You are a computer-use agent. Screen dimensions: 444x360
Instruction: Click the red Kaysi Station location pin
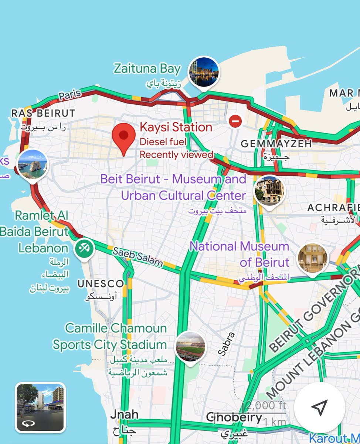pos(123,137)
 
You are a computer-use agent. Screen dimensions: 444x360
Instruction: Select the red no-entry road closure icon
pos(235,121)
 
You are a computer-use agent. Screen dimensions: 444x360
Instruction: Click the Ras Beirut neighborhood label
pos(43,113)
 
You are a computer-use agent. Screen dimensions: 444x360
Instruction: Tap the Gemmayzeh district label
pos(276,144)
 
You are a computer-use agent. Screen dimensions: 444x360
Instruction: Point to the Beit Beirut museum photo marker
pos(269,190)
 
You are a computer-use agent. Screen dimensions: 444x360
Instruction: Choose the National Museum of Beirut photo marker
pos(313,258)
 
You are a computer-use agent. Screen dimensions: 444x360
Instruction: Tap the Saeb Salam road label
pos(138,257)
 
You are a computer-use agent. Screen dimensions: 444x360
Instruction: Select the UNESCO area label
pos(101,284)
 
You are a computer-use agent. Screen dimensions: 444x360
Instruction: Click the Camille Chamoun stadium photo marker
pos(190,346)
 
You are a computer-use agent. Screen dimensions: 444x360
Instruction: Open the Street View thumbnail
pos(40,407)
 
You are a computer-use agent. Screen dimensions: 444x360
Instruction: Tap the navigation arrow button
pos(320,407)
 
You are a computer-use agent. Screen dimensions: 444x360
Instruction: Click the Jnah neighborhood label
pos(124,415)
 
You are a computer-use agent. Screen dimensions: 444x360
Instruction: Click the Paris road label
pos(70,95)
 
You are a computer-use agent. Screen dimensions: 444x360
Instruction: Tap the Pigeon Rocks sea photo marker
pos(32,165)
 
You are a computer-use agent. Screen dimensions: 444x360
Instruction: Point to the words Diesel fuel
pos(163,141)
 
